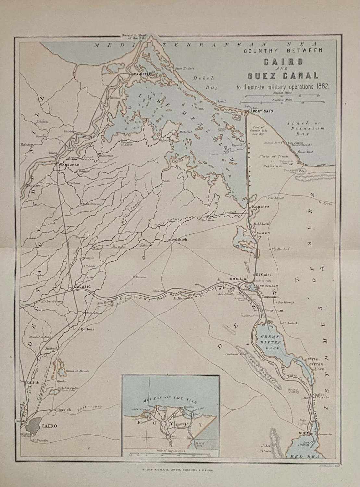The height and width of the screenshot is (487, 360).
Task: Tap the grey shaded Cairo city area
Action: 31,426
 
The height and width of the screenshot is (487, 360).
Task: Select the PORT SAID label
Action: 261,111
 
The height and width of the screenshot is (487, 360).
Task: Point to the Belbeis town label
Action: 88,329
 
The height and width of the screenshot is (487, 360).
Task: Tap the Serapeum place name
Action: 274,310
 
